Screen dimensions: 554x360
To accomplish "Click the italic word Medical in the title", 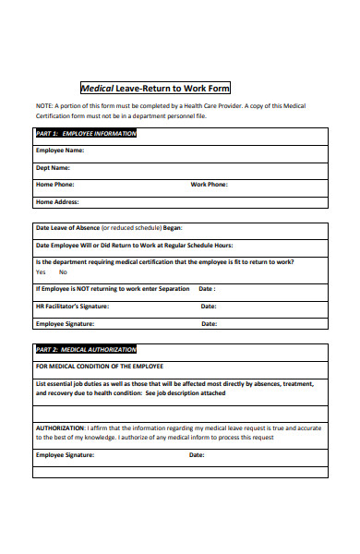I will click(x=98, y=89).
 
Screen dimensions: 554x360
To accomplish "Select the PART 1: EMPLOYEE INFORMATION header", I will click(x=85, y=133).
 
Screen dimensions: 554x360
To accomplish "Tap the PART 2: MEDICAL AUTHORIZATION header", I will click(x=85, y=350).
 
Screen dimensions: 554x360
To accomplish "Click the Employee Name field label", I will click(x=59, y=150).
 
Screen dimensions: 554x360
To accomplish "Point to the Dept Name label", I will click(x=53, y=167).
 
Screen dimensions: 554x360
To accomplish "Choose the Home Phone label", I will click(x=55, y=184).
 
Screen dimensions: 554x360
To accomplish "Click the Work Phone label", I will click(x=209, y=184).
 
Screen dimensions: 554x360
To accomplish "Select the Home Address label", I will click(x=57, y=201).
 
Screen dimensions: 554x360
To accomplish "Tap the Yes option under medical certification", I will click(x=41, y=272).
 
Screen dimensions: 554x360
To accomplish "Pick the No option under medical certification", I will click(x=63, y=272).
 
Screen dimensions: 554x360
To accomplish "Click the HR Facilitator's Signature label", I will click(x=72, y=306).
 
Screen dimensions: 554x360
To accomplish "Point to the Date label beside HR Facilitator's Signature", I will click(x=209, y=306).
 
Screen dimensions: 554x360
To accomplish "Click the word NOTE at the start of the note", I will click(x=44, y=106).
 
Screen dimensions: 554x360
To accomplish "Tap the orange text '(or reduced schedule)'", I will click(x=131, y=227).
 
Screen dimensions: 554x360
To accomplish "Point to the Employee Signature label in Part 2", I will click(x=65, y=455).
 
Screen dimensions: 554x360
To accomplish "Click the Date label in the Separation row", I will click(x=207, y=288).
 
